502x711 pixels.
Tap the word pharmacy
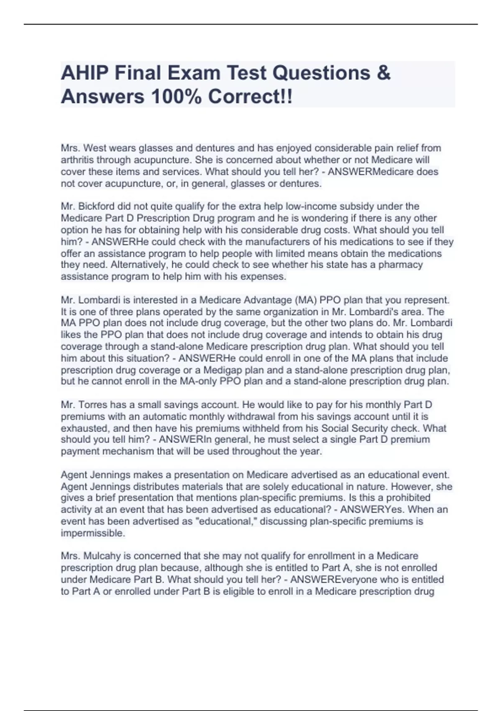pos(400,265)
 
